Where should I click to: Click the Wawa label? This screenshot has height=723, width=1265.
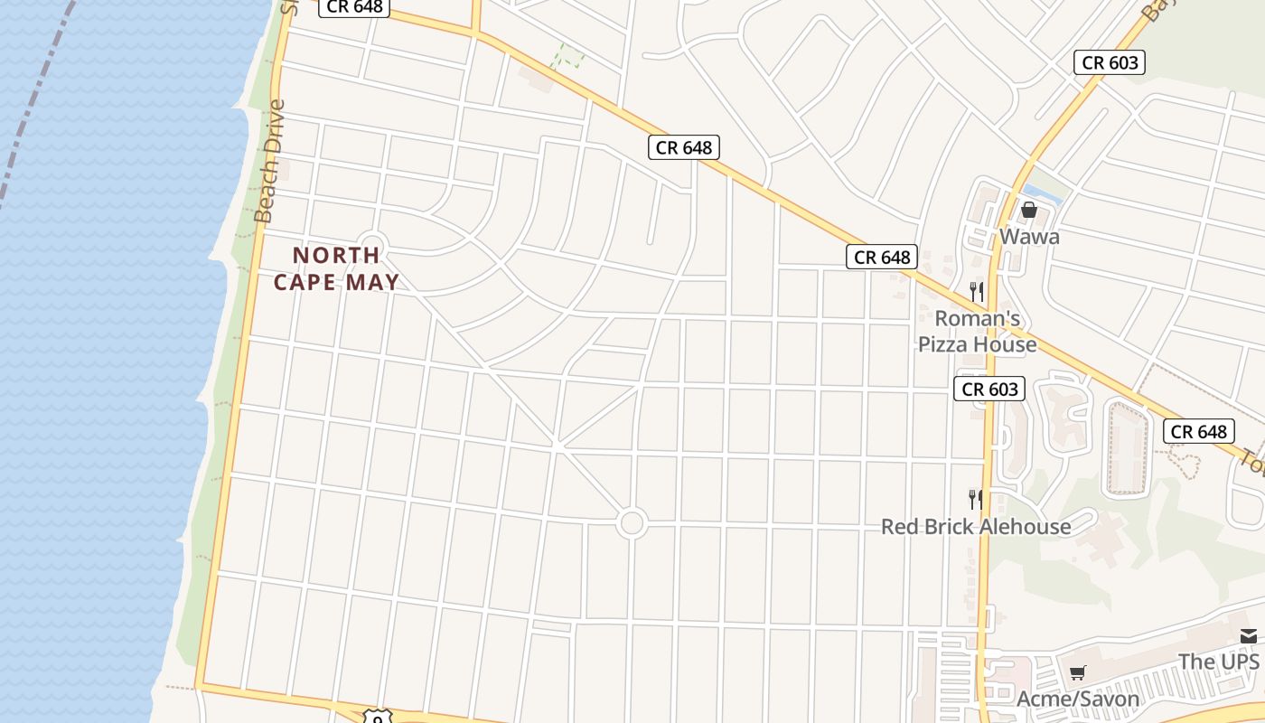pyautogui.click(x=1029, y=237)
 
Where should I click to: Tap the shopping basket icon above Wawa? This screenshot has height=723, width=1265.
pyautogui.click(x=1028, y=211)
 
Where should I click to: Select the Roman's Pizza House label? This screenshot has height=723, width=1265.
pyautogui.click(x=978, y=332)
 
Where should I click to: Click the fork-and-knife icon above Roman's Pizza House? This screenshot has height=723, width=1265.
pyautogui.click(x=976, y=291)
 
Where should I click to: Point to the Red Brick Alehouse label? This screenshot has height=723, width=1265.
pyautogui.click(x=976, y=527)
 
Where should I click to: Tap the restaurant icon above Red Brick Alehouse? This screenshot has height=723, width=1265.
pyautogui.click(x=976, y=499)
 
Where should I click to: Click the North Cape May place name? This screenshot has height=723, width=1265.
pyautogui.click(x=336, y=268)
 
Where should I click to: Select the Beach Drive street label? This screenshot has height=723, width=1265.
pyautogui.click(x=269, y=161)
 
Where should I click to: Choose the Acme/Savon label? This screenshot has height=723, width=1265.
pyautogui.click(x=1078, y=699)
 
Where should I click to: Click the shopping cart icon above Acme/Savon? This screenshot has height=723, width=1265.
pyautogui.click(x=1077, y=672)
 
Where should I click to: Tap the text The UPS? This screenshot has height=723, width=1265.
pyautogui.click(x=1219, y=662)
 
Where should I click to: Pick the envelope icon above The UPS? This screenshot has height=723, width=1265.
pyautogui.click(x=1248, y=636)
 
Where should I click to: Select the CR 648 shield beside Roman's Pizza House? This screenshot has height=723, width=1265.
pyautogui.click(x=882, y=258)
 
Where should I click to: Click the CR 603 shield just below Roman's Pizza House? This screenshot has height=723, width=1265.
pyautogui.click(x=989, y=390)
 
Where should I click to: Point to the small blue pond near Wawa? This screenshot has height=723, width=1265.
pyautogui.click(x=1041, y=192)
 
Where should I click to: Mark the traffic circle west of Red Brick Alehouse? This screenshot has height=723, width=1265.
pyautogui.click(x=632, y=522)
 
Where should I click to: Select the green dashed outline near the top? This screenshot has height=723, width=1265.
pyautogui.click(x=567, y=57)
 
